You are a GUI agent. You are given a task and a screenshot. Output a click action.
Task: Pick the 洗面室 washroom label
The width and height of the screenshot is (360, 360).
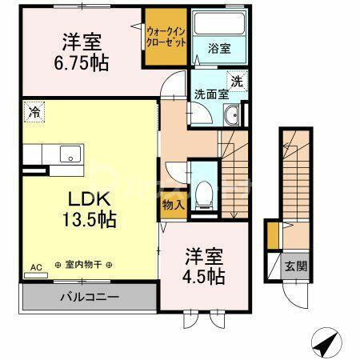tap(211, 93)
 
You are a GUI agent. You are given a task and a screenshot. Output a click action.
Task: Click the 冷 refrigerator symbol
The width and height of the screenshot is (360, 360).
tap(34, 112)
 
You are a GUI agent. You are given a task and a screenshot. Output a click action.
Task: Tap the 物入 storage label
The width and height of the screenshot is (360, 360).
tap(173, 204)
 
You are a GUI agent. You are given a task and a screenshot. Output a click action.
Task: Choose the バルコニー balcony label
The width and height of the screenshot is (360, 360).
tap(89, 297)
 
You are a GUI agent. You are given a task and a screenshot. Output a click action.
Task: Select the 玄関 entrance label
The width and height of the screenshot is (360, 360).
tap(294, 266)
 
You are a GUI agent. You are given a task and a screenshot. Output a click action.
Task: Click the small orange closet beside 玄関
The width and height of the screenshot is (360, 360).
tap(273, 237)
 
